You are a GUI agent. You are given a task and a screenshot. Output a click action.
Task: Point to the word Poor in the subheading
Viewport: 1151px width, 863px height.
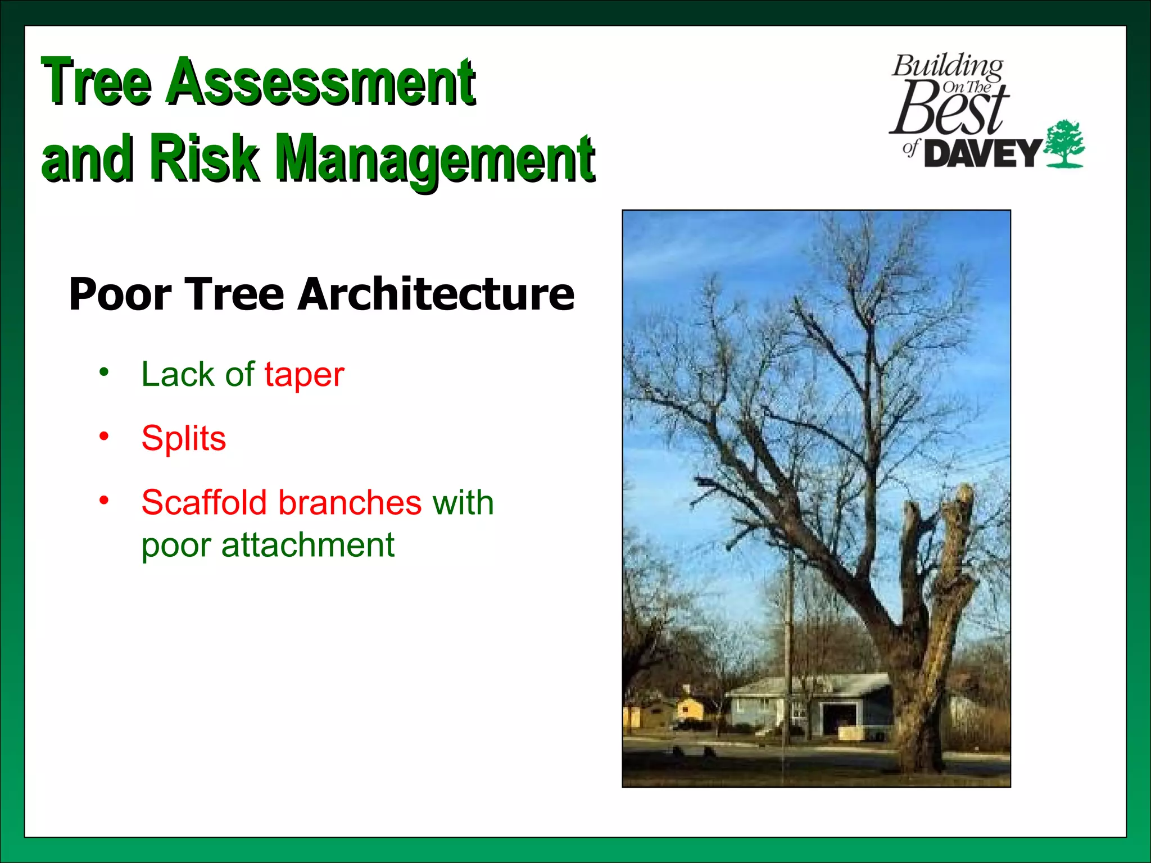[120, 294]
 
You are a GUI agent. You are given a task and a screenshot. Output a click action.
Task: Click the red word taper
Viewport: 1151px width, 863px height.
[304, 375]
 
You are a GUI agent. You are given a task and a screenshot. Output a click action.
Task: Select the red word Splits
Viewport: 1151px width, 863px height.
[184, 438]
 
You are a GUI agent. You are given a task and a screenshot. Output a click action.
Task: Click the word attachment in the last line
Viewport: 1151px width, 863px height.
[307, 545]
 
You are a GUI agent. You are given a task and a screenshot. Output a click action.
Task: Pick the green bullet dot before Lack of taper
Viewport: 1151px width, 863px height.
[103, 372]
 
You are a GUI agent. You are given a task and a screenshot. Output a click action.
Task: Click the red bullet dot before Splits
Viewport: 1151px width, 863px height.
[103, 436]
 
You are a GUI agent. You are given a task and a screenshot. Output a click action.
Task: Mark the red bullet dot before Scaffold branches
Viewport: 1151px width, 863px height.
[103, 499]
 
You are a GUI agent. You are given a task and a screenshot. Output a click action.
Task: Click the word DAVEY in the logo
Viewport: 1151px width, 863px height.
[982, 153]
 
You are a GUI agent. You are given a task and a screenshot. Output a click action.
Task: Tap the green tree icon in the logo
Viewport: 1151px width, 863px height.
[1064, 144]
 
